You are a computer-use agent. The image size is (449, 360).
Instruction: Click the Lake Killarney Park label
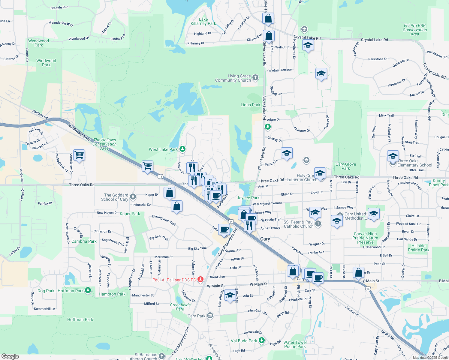coord(203,21)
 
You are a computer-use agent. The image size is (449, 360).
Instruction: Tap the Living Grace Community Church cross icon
coord(255,78)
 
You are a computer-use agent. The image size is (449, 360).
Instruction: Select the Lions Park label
coord(250,105)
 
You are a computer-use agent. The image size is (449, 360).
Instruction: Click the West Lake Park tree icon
coord(182,149)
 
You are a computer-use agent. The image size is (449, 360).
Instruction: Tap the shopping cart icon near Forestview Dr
coord(79,155)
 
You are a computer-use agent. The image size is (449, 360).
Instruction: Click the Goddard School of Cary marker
coord(133,197)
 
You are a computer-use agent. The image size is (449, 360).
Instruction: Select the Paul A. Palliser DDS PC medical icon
coord(200,280)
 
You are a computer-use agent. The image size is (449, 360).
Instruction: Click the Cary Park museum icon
coord(210,316)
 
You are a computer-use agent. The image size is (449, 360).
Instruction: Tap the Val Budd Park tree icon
coord(262,340)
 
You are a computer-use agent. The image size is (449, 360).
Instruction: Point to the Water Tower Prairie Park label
coord(295,344)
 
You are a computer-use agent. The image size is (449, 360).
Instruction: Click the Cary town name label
coord(265,239)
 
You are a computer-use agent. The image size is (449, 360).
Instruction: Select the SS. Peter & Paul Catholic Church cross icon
coord(318,223)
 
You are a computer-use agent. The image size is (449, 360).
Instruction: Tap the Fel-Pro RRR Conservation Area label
coord(415,30)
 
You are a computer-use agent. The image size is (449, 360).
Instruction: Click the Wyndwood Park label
coord(39,43)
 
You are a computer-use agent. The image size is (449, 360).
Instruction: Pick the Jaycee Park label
coord(248,198)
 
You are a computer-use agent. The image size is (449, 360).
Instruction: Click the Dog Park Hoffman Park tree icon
coord(88,290)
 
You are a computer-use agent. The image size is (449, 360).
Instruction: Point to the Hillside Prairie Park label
coord(418,248)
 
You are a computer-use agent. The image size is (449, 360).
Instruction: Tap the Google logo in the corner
coord(10,356)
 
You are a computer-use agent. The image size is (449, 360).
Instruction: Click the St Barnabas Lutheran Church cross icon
coord(162,356)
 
